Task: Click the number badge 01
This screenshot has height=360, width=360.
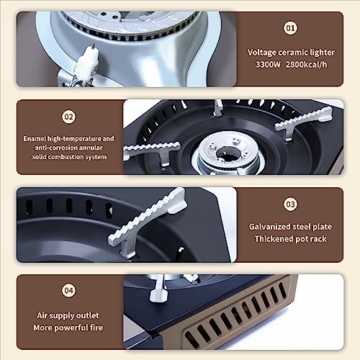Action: (290, 29)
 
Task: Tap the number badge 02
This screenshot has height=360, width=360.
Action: (69, 116)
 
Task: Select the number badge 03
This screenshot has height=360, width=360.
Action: (290, 204)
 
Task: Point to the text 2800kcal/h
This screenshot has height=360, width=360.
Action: (307, 65)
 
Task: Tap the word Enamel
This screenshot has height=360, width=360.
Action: (36, 138)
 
